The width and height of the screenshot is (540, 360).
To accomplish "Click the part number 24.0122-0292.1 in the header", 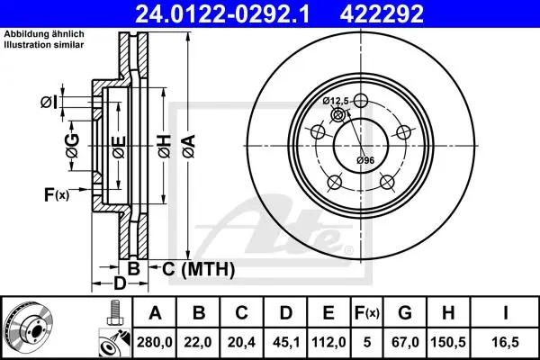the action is [x=222, y=13].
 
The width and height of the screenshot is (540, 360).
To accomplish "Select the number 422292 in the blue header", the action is [x=382, y=13].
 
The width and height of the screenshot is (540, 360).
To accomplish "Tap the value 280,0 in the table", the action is [x=154, y=342].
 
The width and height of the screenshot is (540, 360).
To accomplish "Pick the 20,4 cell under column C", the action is [x=241, y=342].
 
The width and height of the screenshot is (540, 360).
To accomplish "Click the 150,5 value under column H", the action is [x=448, y=342].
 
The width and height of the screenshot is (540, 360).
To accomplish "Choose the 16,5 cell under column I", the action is [x=506, y=342].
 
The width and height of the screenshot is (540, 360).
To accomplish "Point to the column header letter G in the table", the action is [x=405, y=313].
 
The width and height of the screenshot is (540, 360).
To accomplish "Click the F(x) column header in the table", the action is [x=367, y=313].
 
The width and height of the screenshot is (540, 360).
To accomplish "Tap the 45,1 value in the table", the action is [x=286, y=342].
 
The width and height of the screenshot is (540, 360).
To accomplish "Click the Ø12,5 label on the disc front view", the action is [x=336, y=101].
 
